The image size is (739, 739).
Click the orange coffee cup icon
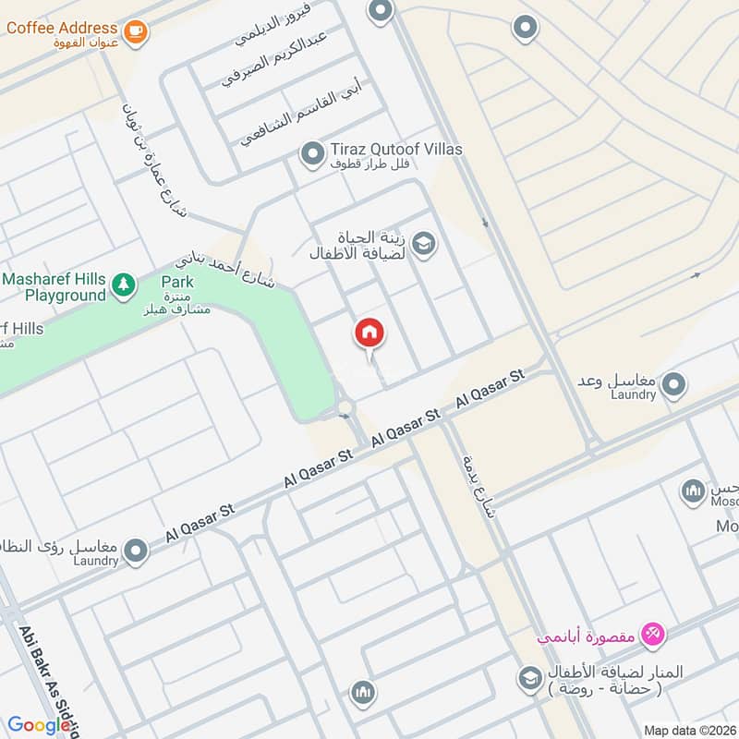(136, 30)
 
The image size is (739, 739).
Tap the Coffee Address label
(62, 28)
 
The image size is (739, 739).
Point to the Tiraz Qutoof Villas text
(396, 149)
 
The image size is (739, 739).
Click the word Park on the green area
(177, 281)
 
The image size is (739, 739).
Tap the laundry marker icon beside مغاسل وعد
(674, 382)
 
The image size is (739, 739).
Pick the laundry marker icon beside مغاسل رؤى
(137, 551)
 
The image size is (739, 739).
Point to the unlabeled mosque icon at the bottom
(363, 692)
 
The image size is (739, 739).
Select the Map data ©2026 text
(689, 730)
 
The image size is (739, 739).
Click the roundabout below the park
(345, 407)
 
